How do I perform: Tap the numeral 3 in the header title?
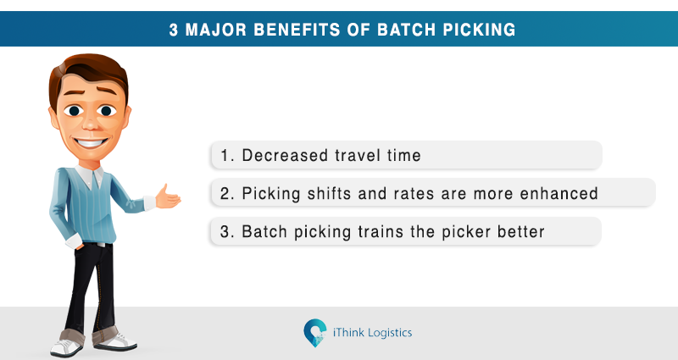pyautogui.click(x=174, y=30)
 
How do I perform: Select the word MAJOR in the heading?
pyautogui.click(x=216, y=30)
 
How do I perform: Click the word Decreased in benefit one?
pyautogui.click(x=285, y=155)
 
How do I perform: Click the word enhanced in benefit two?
pyautogui.click(x=559, y=193)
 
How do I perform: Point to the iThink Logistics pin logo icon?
pyautogui.click(x=314, y=333)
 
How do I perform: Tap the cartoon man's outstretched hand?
pyautogui.click(x=167, y=197)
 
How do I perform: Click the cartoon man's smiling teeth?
pyautogui.click(x=91, y=142)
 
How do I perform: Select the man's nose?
pyautogui.click(x=91, y=122)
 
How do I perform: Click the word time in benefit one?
pyautogui.click(x=404, y=155)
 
